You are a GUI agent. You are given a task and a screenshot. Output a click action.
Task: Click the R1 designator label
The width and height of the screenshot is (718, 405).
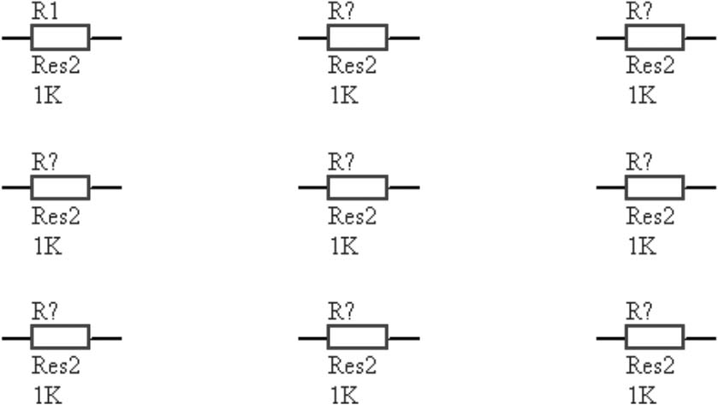(x=44, y=11)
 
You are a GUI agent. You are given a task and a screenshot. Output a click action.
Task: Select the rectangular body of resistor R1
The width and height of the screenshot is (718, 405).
(x=60, y=38)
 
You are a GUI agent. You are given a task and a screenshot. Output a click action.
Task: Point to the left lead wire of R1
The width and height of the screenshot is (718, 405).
(x=16, y=38)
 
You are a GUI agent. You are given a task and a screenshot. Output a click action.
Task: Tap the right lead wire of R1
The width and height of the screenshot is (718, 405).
(x=105, y=38)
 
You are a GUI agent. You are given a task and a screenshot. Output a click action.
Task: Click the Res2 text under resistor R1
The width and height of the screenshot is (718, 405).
(x=56, y=65)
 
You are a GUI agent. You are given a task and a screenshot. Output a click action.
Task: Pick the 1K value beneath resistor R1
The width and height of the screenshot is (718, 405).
(x=47, y=95)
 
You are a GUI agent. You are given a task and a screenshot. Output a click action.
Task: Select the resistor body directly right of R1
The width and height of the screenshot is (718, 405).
(x=358, y=38)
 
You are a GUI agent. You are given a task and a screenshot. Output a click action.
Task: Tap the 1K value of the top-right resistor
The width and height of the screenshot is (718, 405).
(x=643, y=95)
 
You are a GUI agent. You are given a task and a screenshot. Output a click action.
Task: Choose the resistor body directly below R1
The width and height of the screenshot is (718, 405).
(x=60, y=187)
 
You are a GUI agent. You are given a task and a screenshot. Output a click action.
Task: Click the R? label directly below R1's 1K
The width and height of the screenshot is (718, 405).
(x=45, y=161)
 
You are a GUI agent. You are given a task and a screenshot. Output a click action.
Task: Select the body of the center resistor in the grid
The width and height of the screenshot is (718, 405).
(x=358, y=187)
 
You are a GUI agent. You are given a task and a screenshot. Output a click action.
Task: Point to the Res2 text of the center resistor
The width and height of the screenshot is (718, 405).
(x=353, y=216)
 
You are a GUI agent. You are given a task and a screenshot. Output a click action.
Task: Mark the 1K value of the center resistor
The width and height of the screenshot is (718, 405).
(x=344, y=247)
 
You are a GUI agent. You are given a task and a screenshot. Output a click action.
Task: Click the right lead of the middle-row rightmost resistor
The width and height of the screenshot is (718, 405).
(x=700, y=187)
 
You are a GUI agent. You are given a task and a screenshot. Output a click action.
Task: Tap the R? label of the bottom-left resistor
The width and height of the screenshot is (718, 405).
(x=45, y=312)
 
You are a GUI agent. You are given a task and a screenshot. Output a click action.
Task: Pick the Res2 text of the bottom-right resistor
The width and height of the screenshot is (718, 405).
(x=650, y=366)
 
